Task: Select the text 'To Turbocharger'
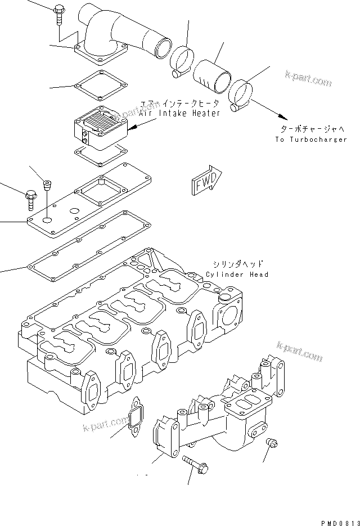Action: click(x=311, y=139)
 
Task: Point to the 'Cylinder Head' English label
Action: click(x=237, y=275)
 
